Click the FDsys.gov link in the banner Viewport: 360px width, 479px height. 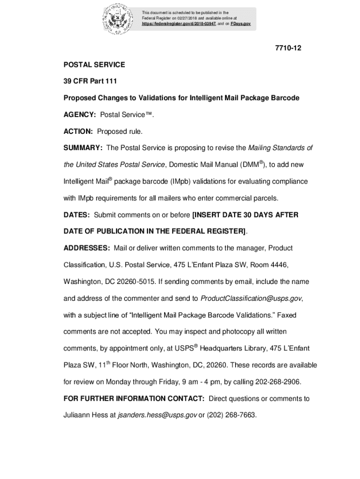(x=241, y=23)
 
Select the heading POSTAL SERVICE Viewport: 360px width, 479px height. (x=94, y=64)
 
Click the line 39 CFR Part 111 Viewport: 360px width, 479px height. (x=90, y=81)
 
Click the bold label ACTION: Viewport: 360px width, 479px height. (x=79, y=131)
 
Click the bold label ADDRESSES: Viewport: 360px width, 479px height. (x=87, y=248)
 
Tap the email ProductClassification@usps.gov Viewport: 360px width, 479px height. (x=251, y=298)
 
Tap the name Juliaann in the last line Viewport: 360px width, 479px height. (x=77, y=415)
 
